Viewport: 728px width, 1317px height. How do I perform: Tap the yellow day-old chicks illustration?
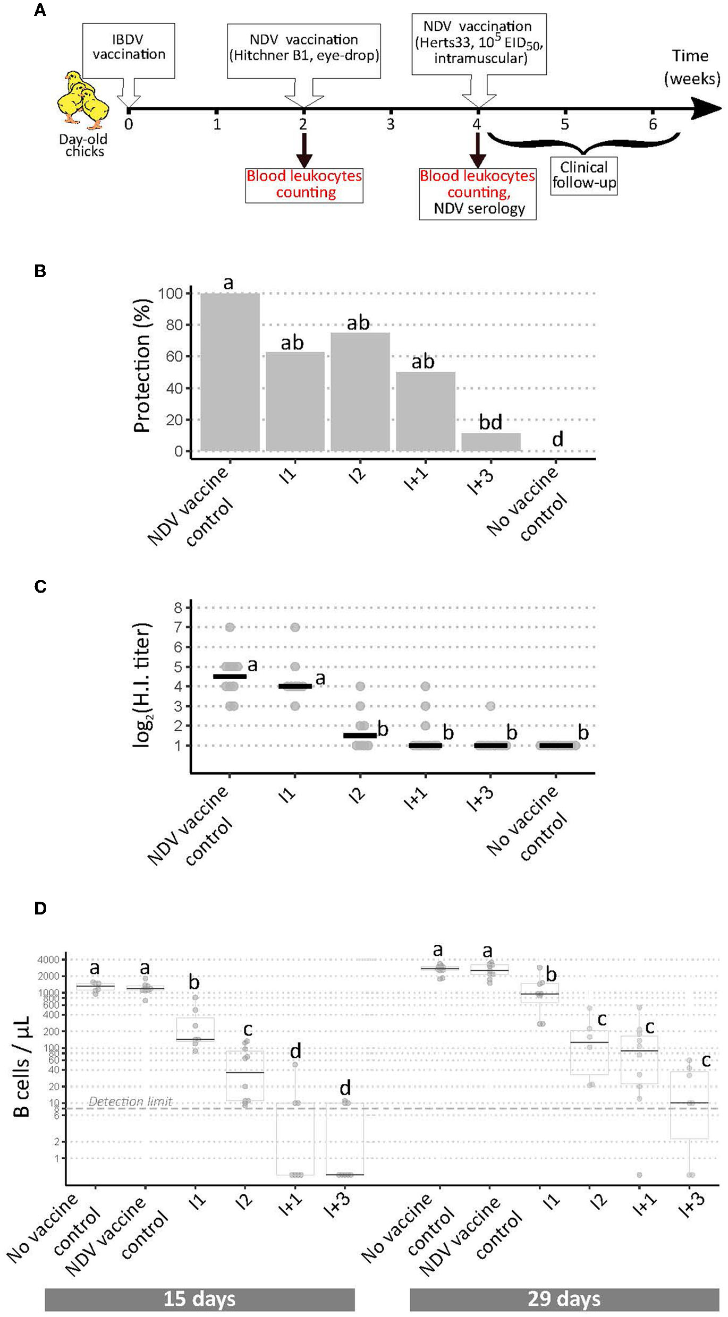point(82,100)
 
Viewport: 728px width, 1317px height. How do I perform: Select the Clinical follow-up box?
point(583,175)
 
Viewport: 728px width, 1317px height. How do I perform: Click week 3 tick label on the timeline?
point(391,125)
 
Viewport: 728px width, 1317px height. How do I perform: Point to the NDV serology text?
point(479,209)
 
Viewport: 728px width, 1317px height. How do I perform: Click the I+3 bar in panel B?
point(490,442)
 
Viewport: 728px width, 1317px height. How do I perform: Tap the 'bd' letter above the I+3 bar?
point(490,422)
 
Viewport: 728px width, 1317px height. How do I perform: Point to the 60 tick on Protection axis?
point(174,357)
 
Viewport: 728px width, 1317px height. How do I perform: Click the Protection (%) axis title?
point(142,366)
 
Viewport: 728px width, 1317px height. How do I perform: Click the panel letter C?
point(40,586)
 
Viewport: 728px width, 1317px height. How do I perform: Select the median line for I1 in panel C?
point(295,687)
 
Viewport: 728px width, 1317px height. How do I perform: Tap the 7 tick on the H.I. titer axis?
point(178,627)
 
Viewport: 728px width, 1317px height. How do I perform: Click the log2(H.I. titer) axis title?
point(142,685)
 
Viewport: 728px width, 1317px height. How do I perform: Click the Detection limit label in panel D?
point(130,1101)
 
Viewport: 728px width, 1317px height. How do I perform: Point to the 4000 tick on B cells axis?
point(48,960)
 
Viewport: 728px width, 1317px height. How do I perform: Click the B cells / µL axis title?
point(21,1067)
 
